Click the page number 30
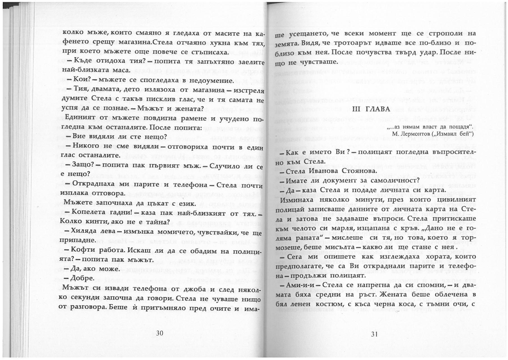160,333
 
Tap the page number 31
375,334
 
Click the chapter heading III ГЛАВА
371,109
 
